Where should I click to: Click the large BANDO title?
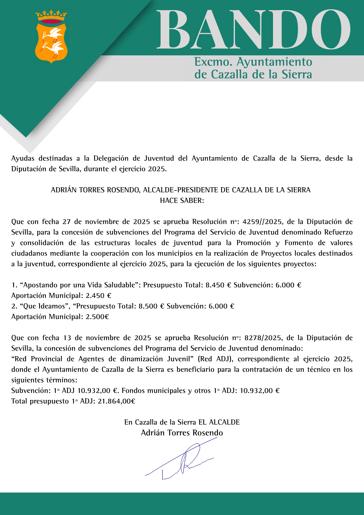click(254, 30)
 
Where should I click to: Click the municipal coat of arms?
click(51, 37)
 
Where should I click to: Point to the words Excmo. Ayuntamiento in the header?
click(253, 62)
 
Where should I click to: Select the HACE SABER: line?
click(182, 201)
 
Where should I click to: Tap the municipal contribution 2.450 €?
click(98, 296)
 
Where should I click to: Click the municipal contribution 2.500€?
click(97, 317)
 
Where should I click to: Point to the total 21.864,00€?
click(116, 401)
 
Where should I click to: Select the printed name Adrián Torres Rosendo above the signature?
click(182, 433)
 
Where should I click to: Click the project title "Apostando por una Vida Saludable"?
click(80, 285)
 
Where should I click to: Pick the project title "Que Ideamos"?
click(45, 306)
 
